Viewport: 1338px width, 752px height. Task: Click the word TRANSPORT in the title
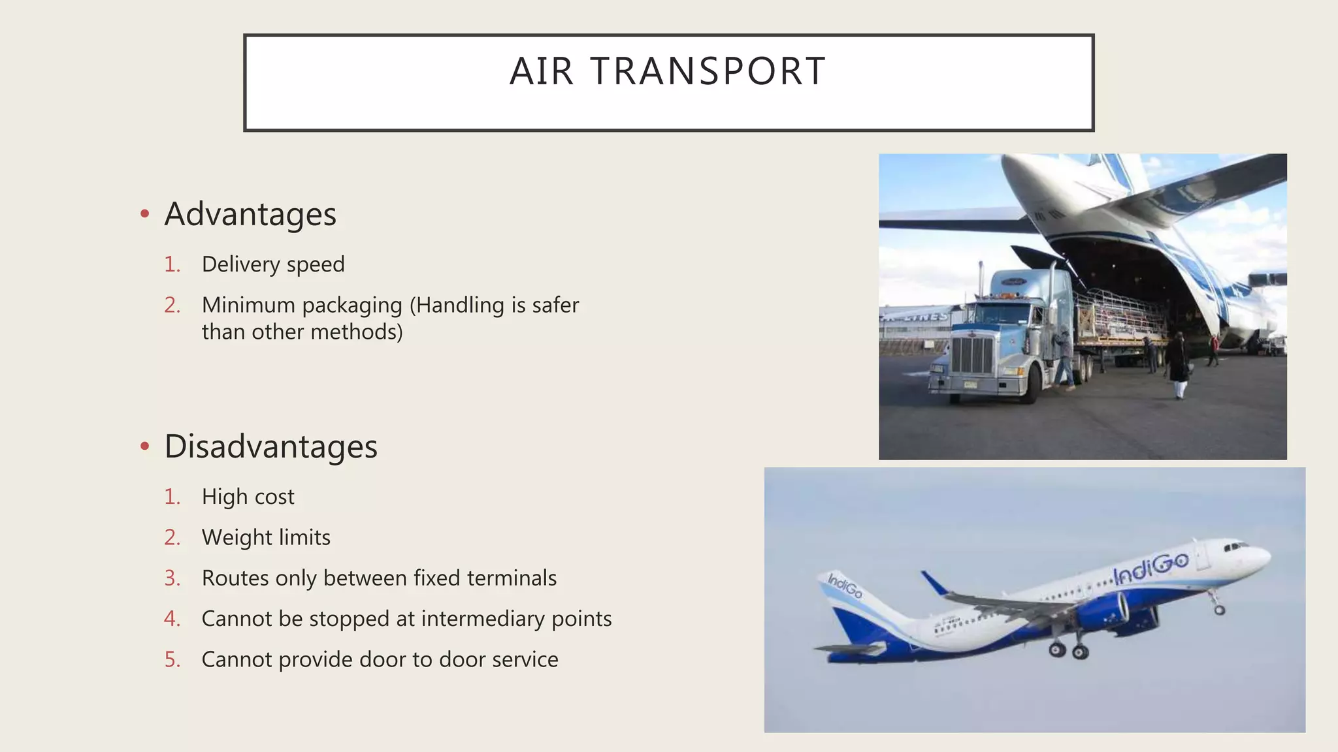708,71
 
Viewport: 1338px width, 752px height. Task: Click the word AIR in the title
542,71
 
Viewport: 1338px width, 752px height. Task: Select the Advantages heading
250,214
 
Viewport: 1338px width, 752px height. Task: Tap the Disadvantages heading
270,446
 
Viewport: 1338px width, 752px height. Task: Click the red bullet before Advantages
145,214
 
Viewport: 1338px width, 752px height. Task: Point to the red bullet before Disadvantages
145,446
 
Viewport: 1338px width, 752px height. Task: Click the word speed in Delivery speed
316,264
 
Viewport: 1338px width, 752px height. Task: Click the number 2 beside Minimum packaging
172,305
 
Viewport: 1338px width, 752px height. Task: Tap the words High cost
248,497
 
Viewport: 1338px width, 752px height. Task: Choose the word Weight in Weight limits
237,537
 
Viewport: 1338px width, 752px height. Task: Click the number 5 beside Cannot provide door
172,659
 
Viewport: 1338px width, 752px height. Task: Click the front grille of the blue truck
972,356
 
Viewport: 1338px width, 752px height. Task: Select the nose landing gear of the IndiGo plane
1218,606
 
